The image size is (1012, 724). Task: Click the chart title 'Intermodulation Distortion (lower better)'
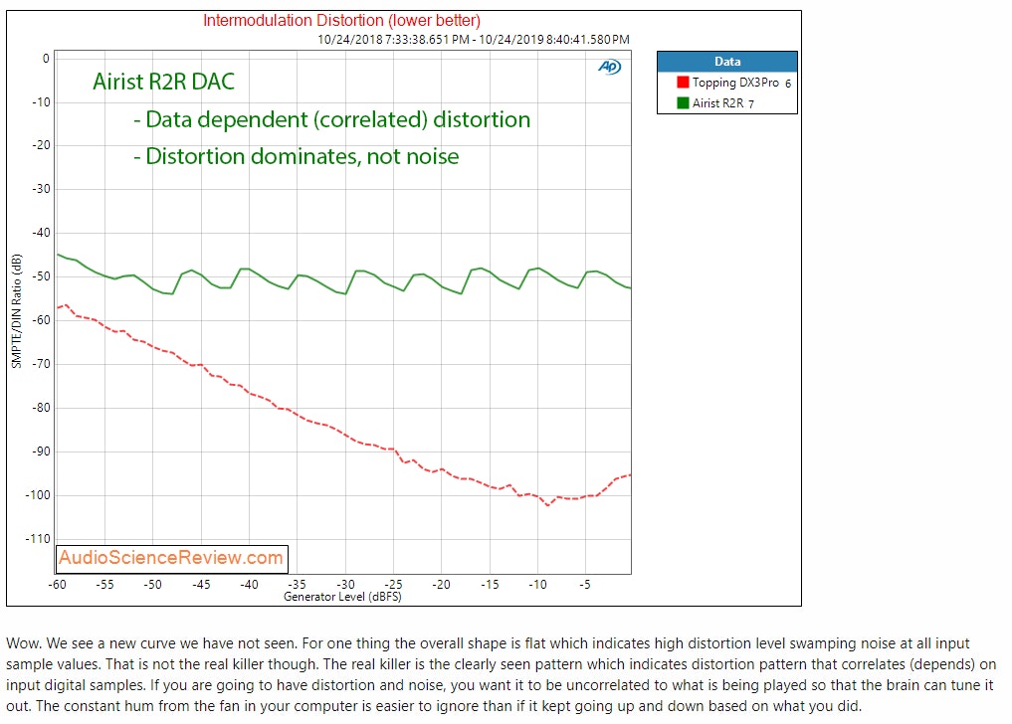click(x=342, y=20)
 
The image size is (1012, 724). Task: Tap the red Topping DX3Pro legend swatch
click(x=683, y=84)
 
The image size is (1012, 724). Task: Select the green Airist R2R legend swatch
click(x=683, y=102)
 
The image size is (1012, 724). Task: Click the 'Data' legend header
click(x=727, y=62)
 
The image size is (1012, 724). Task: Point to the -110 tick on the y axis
click(x=37, y=539)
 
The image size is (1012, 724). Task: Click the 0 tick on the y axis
click(x=45, y=59)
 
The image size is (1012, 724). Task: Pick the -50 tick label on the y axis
click(x=39, y=276)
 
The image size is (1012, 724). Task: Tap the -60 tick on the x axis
click(x=58, y=585)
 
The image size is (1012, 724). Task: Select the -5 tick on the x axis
click(x=585, y=585)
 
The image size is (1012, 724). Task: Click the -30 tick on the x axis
click(x=345, y=585)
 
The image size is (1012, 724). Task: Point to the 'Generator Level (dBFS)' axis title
click(x=342, y=597)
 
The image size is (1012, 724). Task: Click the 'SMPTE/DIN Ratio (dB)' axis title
click(x=16, y=310)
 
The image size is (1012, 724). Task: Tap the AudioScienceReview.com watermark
click(x=171, y=558)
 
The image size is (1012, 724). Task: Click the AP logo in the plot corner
click(x=609, y=67)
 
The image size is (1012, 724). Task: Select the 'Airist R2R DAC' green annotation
click(x=164, y=82)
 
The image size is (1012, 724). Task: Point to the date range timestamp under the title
click(x=474, y=40)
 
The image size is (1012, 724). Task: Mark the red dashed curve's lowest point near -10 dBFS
click(x=547, y=505)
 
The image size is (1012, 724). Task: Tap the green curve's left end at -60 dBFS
click(x=59, y=255)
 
